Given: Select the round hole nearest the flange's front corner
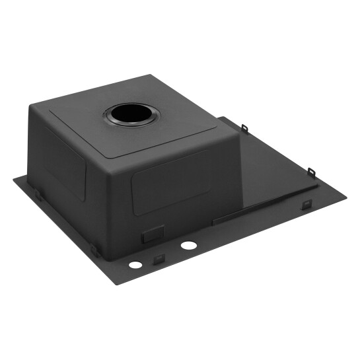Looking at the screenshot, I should coord(135,265).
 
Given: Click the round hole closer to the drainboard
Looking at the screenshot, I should coord(188,246).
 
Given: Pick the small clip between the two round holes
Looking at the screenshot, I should coord(159,258).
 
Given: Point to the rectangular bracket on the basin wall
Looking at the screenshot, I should coord(153,234).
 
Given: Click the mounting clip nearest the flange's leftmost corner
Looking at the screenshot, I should coord(38,196).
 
